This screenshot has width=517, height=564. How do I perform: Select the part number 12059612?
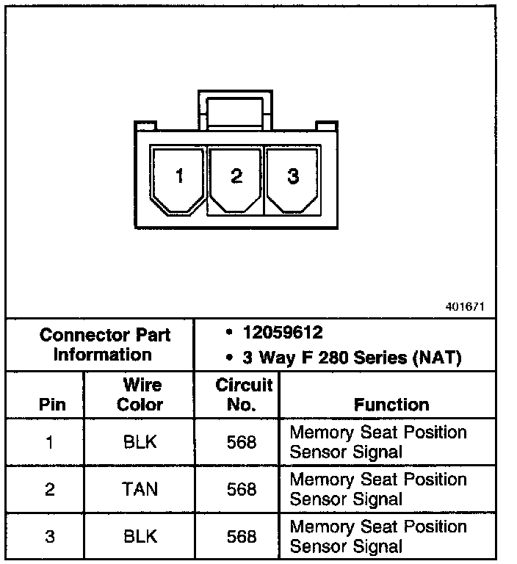coord(283,333)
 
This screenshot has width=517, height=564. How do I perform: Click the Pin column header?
coord(51,405)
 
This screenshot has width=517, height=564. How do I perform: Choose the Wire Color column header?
coord(140,395)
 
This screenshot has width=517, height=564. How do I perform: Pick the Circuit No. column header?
coord(244,395)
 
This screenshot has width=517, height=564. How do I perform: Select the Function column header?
coord(391,405)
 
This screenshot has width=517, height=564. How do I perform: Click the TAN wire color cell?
coord(140,489)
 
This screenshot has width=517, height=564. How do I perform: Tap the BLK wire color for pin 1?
coord(140,442)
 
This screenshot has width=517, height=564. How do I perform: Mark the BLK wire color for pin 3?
coord(140,537)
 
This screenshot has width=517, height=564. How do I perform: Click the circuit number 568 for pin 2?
coord(242,489)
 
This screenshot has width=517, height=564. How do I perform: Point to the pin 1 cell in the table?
coord(49,442)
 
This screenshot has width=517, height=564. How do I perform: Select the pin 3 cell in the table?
coord(49,537)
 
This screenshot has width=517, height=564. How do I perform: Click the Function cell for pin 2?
coord(377,489)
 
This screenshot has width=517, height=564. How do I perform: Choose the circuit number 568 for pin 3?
coord(242,537)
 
